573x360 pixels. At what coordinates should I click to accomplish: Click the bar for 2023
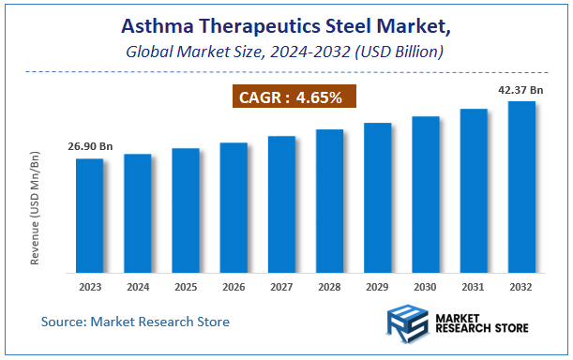[x=90, y=214]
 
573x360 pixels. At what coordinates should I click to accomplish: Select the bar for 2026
[x=234, y=206]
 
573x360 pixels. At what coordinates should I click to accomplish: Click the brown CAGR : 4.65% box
[x=294, y=97]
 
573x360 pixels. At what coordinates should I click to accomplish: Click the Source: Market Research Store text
[x=135, y=322]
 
